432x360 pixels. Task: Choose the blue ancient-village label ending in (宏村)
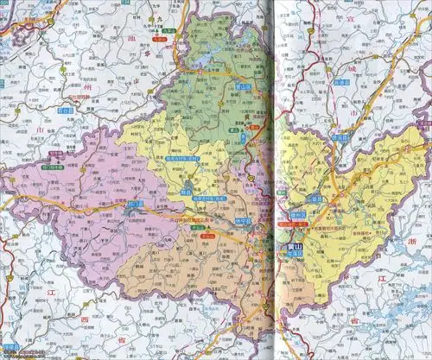pos(184,160)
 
